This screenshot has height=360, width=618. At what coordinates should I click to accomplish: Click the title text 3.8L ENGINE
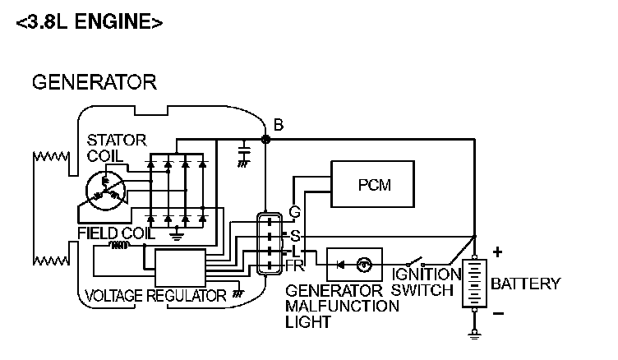89,22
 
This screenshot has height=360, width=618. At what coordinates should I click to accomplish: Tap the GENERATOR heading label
93,82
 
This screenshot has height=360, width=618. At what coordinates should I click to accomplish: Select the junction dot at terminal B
265,140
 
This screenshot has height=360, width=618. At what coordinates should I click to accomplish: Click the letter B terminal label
279,126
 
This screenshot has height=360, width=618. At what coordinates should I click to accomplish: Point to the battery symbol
474,284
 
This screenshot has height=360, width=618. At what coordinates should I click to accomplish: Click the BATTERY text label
525,284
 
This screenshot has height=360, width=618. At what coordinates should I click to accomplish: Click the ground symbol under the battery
474,333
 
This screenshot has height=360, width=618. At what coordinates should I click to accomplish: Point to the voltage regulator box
180,266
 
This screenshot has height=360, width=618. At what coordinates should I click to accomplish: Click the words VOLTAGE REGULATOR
155,295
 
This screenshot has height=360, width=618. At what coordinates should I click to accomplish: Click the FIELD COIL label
115,233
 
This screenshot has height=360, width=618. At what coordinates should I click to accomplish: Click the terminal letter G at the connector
294,212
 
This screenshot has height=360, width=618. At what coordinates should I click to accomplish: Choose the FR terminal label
295,266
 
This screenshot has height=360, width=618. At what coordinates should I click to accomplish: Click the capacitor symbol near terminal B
243,154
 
